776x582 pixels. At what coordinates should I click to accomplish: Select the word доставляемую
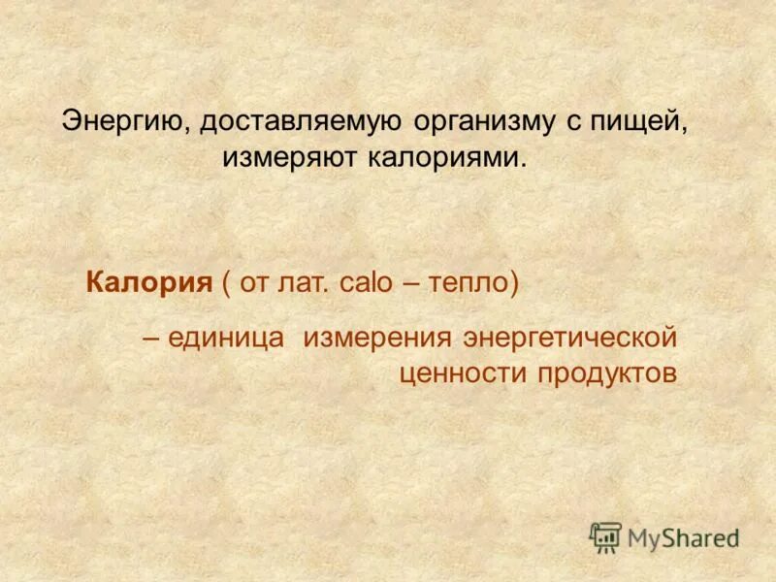click(289, 122)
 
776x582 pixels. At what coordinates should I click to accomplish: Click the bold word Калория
click(148, 283)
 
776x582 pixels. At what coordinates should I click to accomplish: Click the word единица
click(225, 339)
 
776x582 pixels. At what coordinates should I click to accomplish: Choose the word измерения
click(378, 339)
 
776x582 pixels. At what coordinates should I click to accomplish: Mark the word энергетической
click(569, 339)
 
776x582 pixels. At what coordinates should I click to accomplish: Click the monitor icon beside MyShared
click(605, 536)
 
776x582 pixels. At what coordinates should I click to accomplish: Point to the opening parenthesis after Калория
click(226, 283)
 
